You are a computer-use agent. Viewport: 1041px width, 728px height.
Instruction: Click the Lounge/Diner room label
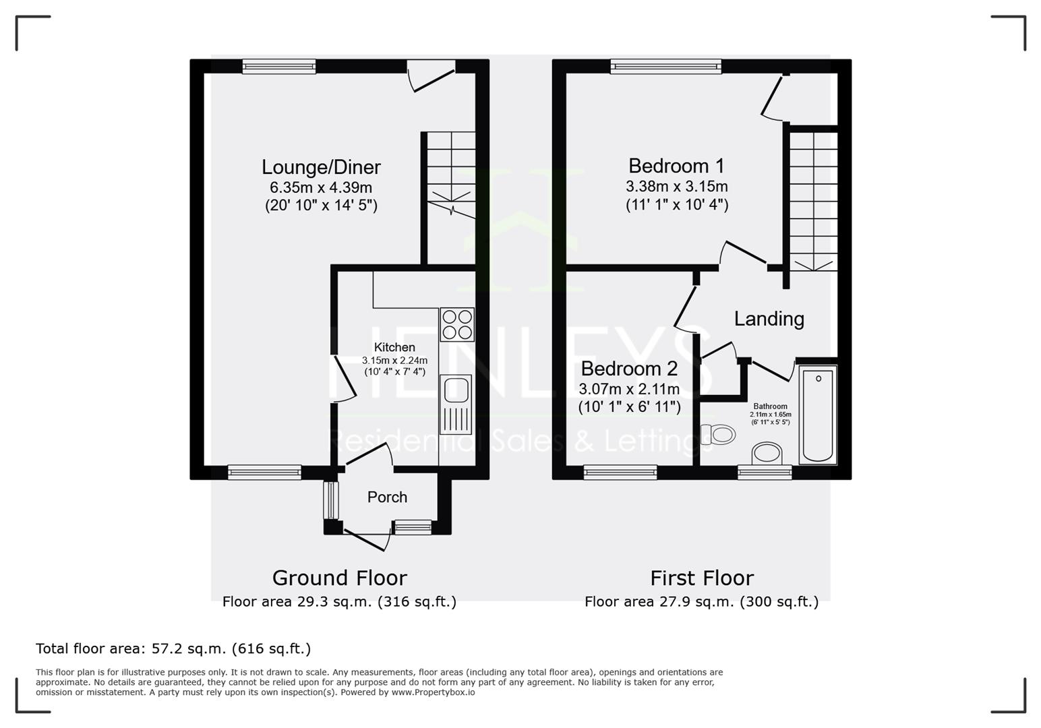321,167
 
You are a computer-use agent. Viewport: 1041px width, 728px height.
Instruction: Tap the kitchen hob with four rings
457,324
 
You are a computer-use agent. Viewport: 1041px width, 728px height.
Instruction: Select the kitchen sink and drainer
456,404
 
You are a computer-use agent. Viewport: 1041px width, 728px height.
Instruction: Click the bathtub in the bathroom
818,415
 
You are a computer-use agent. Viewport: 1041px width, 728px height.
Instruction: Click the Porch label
387,497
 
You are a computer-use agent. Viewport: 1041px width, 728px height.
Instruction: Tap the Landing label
769,319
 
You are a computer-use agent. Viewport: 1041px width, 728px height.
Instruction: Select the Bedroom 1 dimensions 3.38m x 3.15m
677,186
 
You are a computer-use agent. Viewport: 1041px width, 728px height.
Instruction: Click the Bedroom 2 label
629,369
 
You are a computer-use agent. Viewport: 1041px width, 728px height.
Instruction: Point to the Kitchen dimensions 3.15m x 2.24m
394,360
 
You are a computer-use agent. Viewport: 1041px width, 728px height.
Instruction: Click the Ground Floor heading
340,578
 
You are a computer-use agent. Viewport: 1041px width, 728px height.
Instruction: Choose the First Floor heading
702,578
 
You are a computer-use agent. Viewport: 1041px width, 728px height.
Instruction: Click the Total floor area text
173,648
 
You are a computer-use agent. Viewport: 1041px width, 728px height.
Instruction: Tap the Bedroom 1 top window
666,67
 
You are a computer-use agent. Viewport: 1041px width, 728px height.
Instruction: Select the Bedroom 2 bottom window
620,473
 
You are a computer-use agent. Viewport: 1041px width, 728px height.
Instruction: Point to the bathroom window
765,473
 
